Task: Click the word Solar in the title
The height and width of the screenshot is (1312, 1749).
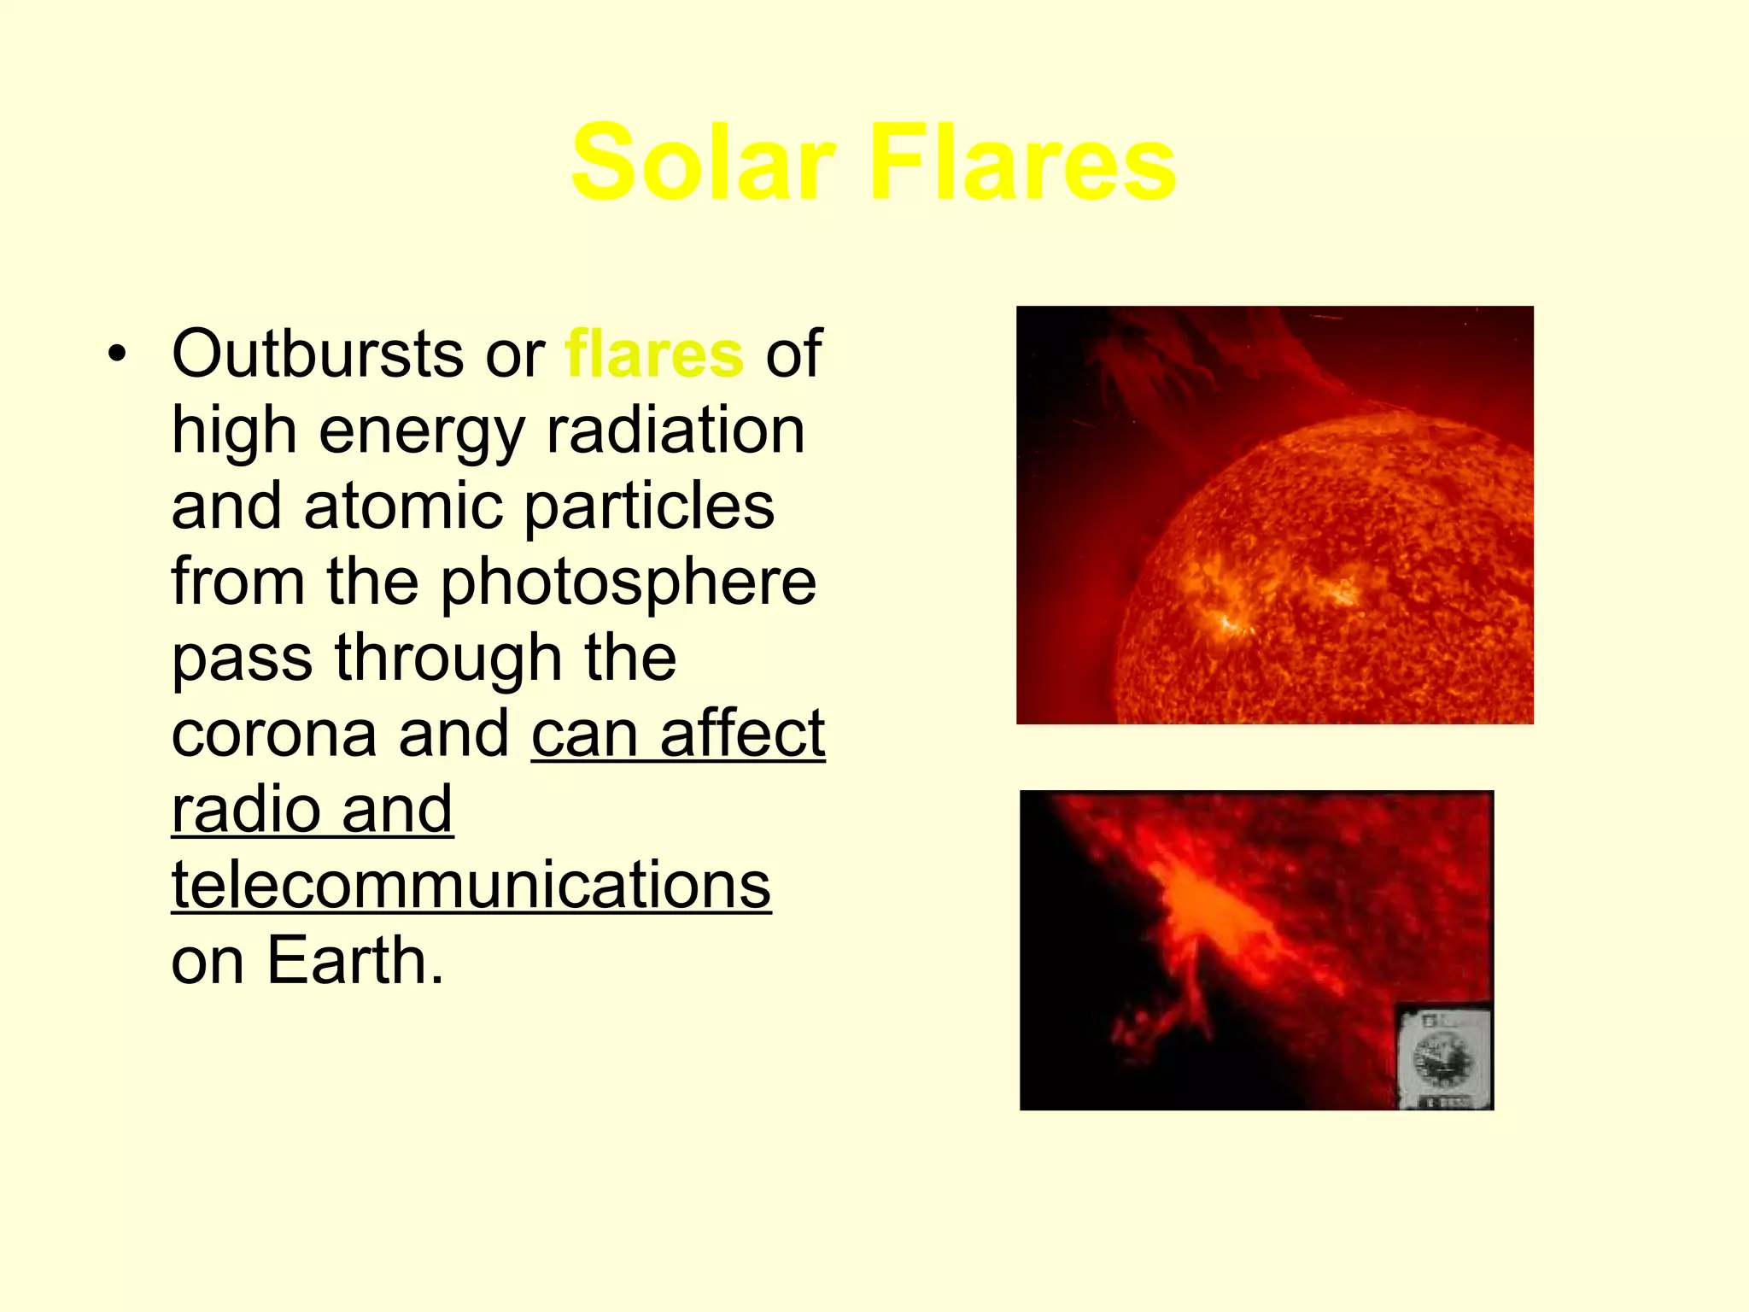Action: [702, 162]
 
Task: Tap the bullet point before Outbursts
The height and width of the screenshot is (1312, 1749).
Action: [118, 354]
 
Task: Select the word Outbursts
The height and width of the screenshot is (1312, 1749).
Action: [317, 354]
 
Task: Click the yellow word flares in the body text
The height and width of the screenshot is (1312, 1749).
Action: [654, 354]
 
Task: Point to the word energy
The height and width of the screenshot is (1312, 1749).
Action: [422, 432]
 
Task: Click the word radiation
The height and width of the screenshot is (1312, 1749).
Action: [675, 430]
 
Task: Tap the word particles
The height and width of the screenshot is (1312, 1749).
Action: [649, 507]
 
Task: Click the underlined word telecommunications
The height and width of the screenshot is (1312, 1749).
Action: [471, 886]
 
